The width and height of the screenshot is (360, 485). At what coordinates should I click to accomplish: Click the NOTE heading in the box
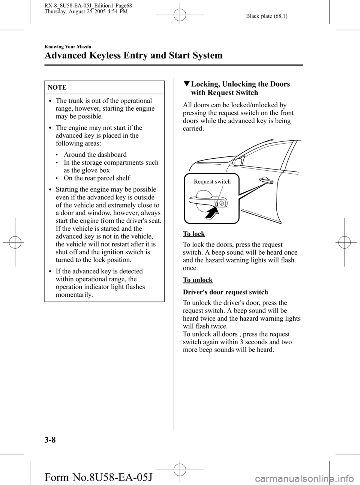point(57,87)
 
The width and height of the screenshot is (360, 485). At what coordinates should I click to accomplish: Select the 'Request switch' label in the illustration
point(212,182)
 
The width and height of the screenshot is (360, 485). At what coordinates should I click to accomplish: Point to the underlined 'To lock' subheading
point(193,234)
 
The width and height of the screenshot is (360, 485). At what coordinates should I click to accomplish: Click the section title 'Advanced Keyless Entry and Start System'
point(133,56)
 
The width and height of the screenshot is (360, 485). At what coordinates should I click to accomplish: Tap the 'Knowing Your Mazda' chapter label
point(67,47)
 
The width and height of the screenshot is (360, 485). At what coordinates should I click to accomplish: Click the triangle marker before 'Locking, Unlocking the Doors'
point(186,84)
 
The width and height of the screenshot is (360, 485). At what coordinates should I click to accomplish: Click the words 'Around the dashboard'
point(95,155)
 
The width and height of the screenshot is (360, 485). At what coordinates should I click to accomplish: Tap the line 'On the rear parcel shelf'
point(97,178)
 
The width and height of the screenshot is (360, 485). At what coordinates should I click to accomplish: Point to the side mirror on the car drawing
point(237,162)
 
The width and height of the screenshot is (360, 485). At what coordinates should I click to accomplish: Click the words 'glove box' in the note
point(97,170)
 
